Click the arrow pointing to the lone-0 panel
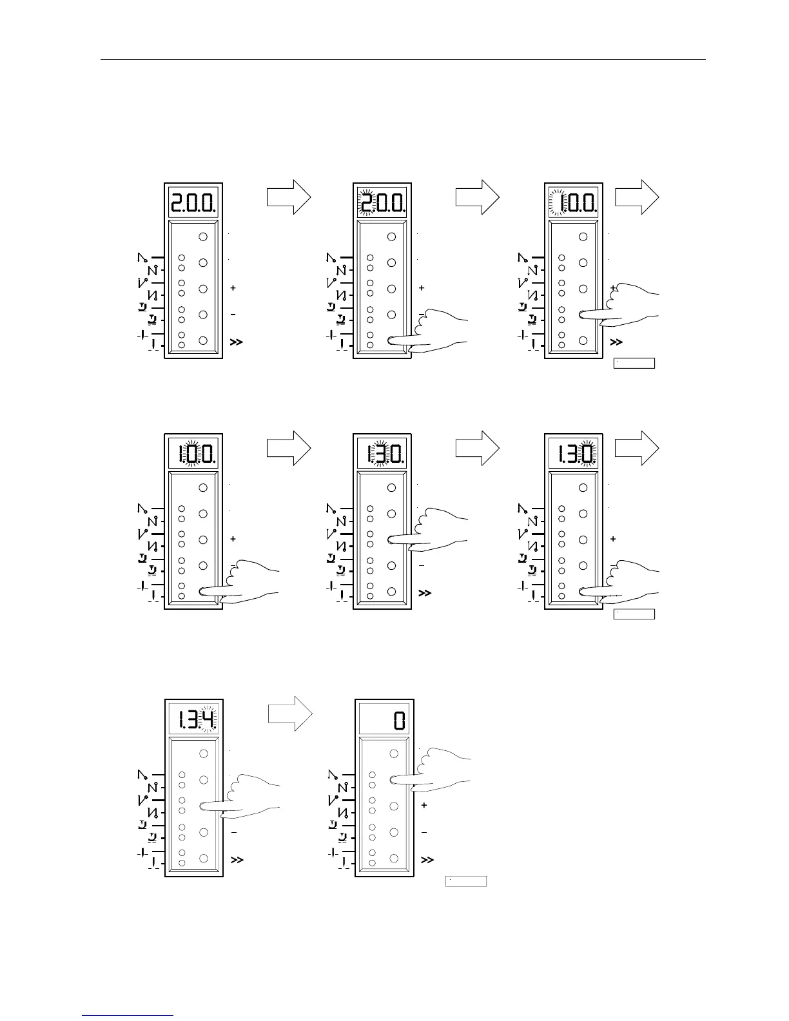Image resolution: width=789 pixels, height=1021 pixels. (290, 714)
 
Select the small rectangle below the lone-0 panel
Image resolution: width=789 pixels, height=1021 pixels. (466, 881)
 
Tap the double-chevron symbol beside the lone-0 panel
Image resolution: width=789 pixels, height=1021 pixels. (427, 860)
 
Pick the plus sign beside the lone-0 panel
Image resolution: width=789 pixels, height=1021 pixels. (424, 806)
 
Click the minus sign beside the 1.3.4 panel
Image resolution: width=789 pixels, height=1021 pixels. (234, 833)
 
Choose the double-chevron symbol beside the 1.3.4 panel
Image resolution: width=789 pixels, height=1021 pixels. (237, 860)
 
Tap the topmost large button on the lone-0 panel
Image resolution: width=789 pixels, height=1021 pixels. (394, 754)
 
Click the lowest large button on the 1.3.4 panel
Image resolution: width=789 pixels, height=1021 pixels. (204, 858)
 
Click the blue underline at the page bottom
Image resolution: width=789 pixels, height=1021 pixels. (128, 1015)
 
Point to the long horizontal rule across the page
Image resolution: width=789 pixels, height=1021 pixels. (403, 60)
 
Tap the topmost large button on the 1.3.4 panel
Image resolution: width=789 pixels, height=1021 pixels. (204, 754)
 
